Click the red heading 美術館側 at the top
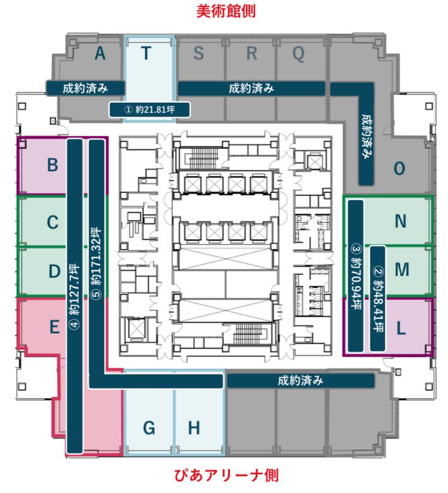point(226,11)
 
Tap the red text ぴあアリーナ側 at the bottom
point(226,475)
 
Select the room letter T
point(146,53)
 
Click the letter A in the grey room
point(100,53)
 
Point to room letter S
point(198,53)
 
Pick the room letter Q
point(299,54)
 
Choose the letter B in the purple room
point(53,165)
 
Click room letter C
point(53,222)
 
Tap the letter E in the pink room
point(55,327)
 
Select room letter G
point(149,428)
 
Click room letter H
point(194,428)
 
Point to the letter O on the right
point(400,169)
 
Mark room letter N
point(401,221)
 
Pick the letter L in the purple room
point(401,329)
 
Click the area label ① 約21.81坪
point(150,110)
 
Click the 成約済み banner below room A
point(85,88)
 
